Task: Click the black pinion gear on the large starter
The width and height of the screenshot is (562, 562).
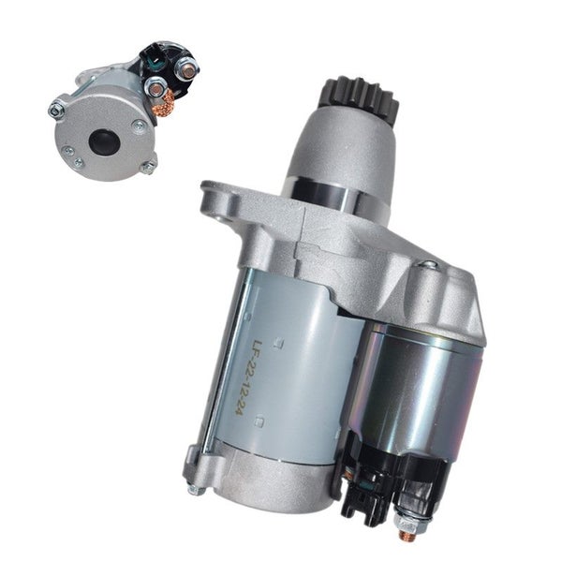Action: point(361,96)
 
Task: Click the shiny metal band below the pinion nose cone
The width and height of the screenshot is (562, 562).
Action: point(335,196)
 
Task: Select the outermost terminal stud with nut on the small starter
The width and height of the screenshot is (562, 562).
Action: point(185,67)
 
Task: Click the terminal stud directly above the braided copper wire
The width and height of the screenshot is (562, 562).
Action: point(155,87)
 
